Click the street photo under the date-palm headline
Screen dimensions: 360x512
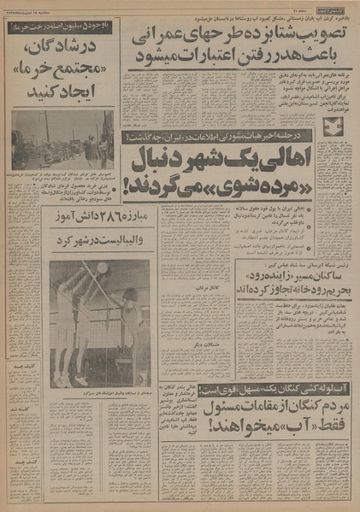[62, 139]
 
